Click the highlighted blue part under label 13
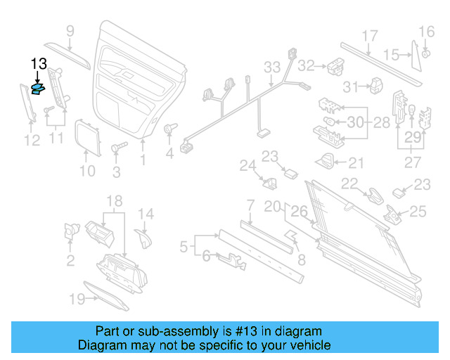point(39,88)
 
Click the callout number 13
point(39,64)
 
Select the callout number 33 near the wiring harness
point(272,67)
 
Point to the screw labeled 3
point(117,148)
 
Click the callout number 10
point(86,170)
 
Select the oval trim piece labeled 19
point(106,295)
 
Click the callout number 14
point(145,214)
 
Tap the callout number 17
point(370,36)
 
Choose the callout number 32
point(305,65)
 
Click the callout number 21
point(356,163)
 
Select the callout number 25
point(418,210)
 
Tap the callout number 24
point(246,166)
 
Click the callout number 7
point(250,205)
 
